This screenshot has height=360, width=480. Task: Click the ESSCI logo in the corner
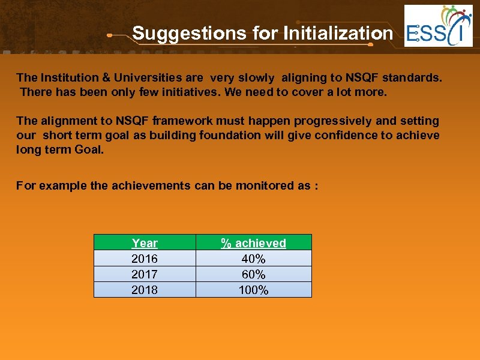click(x=438, y=26)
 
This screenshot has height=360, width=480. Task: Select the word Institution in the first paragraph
click(x=67, y=77)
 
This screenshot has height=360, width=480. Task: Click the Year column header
click(x=145, y=243)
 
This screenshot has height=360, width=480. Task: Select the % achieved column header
click(x=253, y=243)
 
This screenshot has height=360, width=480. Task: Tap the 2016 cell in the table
click(x=145, y=259)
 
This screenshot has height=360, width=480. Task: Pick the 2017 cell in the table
click(x=145, y=274)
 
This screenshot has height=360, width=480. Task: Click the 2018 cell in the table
click(x=145, y=290)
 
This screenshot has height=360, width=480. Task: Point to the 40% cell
click(x=253, y=259)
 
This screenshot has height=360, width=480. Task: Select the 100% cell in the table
click(x=253, y=290)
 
